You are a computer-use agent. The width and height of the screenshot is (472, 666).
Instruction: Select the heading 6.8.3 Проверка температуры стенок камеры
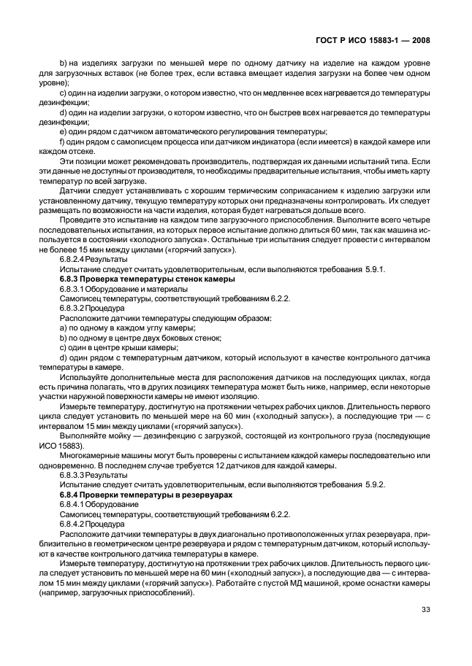[146, 279]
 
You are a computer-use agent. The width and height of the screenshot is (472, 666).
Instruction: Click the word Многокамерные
[89, 455]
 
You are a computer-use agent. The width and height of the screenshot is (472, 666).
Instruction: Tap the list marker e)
[63, 131]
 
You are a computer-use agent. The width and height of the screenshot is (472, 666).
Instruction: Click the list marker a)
[63, 328]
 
